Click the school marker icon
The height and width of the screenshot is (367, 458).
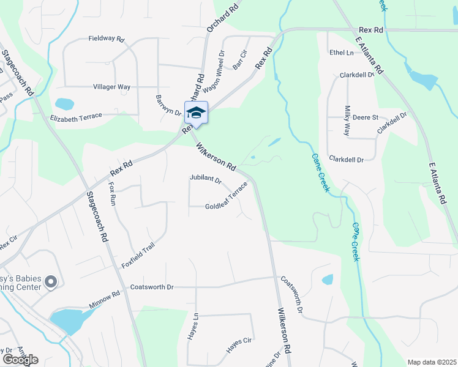click(196, 113)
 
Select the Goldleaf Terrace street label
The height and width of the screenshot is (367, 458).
click(227, 198)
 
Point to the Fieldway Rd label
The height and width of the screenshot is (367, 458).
click(106, 39)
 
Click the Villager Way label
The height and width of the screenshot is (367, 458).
click(111, 87)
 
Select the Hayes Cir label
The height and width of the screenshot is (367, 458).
click(239, 346)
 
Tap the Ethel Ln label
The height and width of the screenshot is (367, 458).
click(342, 53)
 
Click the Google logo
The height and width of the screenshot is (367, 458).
click(20, 360)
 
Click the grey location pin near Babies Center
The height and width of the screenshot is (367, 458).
click(51, 282)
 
